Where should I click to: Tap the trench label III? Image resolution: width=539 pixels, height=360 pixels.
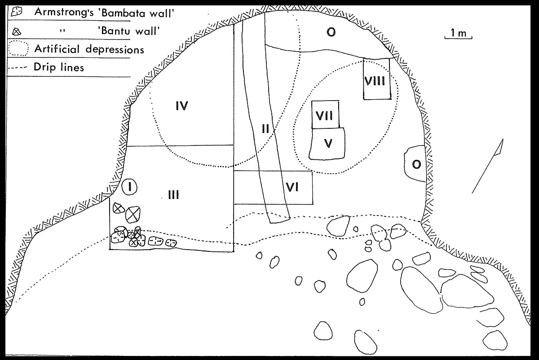pos(173,195)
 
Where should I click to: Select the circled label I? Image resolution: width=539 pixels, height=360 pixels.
pos(129,187)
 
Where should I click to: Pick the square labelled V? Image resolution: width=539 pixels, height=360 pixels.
pos(328,143)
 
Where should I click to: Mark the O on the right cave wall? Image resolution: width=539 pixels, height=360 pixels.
pos(416,165)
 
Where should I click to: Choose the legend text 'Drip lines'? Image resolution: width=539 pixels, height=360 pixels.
pos(58,68)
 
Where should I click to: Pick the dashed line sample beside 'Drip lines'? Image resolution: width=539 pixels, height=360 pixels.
pos(18,68)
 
